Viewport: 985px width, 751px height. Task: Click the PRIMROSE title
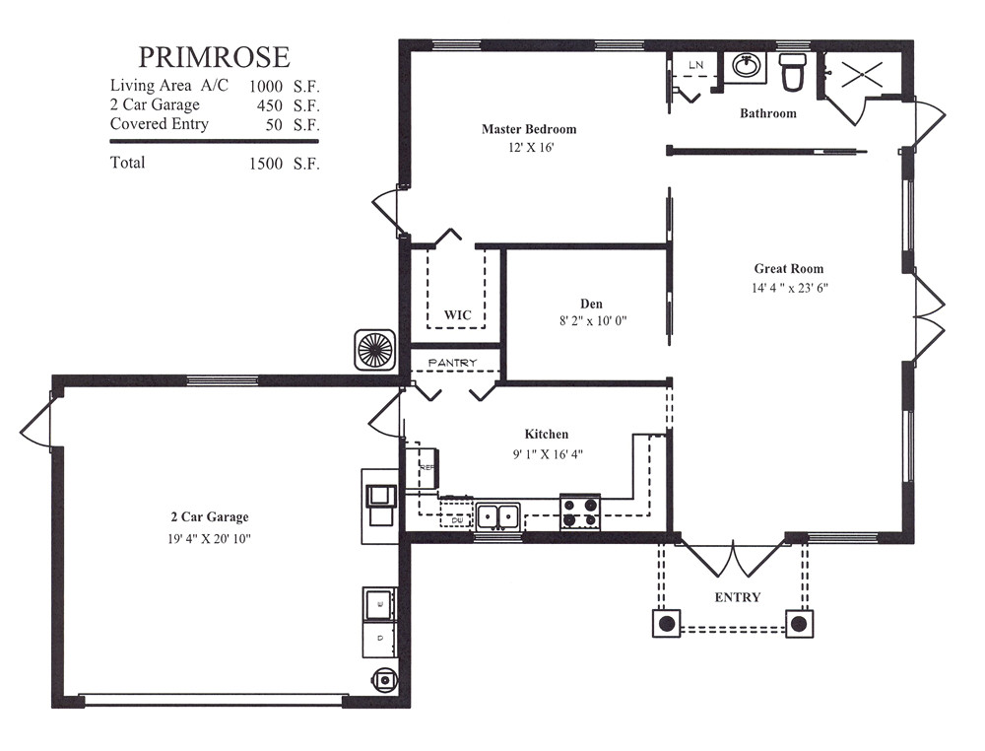tap(214, 57)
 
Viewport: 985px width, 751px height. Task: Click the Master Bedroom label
tap(529, 129)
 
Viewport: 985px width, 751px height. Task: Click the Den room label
tap(591, 304)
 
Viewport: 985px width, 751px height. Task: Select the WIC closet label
tap(457, 315)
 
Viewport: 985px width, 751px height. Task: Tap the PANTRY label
tap(453, 363)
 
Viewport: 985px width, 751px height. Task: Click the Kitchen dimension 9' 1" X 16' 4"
tap(547, 454)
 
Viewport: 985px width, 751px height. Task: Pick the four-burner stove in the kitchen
tap(580, 512)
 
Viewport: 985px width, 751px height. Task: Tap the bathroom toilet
tap(793, 71)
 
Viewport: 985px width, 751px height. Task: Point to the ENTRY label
tap(738, 597)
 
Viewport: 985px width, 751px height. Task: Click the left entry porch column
tap(666, 624)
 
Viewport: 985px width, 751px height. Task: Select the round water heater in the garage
tap(382, 679)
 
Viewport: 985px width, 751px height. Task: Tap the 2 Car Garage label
tap(209, 517)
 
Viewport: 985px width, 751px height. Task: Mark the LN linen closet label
tap(695, 65)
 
